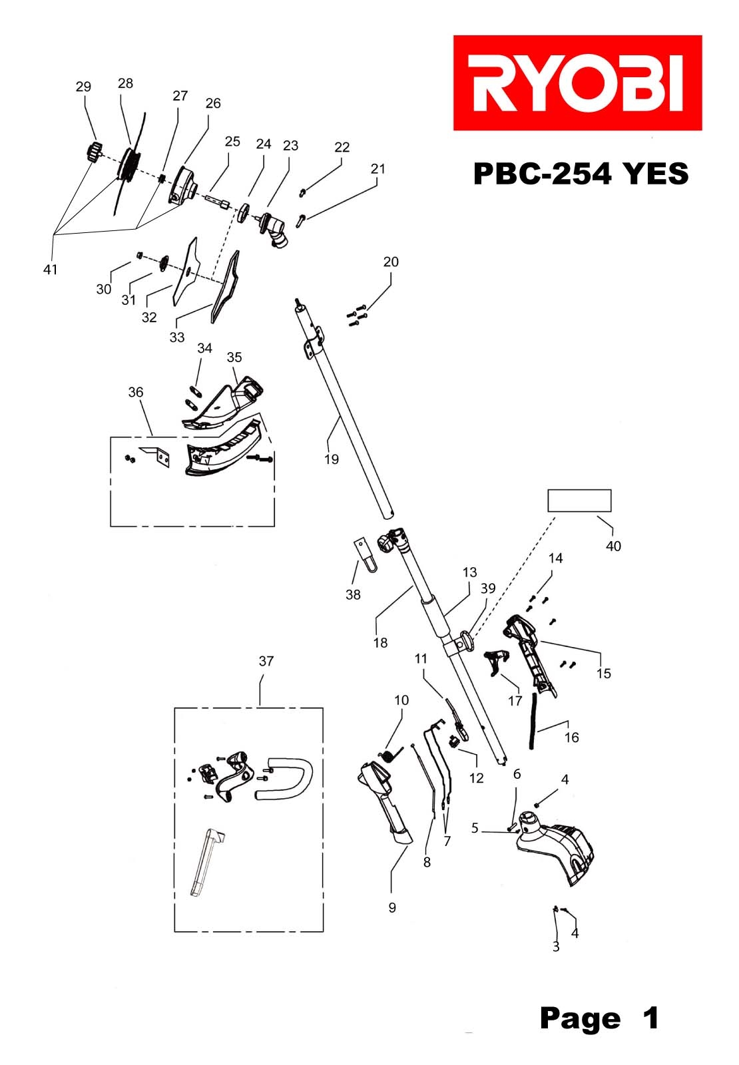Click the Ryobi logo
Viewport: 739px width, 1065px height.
pyautogui.click(x=577, y=83)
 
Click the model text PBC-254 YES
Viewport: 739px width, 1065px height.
pyautogui.click(x=580, y=174)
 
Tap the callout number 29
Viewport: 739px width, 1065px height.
pyautogui.click(x=83, y=87)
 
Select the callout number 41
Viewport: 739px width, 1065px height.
pyautogui.click(x=50, y=270)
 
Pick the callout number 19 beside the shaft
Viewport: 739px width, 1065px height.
pyautogui.click(x=332, y=459)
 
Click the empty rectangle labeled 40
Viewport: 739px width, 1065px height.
pyautogui.click(x=579, y=501)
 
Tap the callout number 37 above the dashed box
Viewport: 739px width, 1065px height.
pyautogui.click(x=266, y=661)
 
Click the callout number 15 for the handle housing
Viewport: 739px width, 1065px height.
pyautogui.click(x=603, y=674)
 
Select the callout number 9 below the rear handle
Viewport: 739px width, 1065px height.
pyautogui.click(x=392, y=908)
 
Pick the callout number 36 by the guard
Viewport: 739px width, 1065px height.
pyautogui.click(x=136, y=392)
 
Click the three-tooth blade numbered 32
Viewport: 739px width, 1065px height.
pyautogui.click(x=188, y=270)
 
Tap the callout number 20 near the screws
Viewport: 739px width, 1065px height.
pyautogui.click(x=391, y=262)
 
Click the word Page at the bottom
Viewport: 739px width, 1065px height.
pyautogui.click(x=580, y=1018)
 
